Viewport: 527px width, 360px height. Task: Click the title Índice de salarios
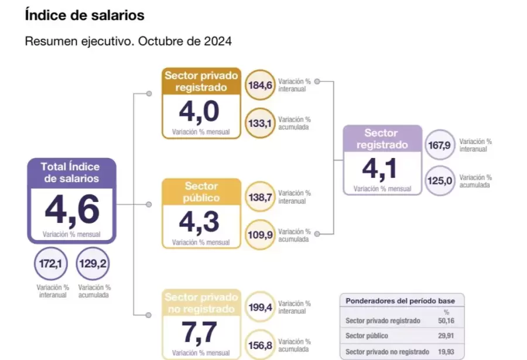[84, 16]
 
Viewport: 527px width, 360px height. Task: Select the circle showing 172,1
[50, 265]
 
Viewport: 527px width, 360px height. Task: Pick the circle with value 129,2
[93, 265]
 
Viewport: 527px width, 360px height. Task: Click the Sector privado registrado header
[202, 81]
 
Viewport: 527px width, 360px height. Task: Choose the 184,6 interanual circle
[261, 85]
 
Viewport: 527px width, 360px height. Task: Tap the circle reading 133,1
[261, 123]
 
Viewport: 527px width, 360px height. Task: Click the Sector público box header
[202, 191]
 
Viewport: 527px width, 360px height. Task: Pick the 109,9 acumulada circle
[261, 235]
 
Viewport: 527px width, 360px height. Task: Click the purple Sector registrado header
[381, 139]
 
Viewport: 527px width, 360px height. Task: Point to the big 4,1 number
[381, 169]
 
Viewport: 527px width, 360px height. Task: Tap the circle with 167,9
[440, 145]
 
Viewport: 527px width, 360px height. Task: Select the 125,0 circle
[440, 181]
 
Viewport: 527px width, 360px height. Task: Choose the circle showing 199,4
[261, 308]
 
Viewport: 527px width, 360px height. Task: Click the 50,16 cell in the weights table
[447, 321]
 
